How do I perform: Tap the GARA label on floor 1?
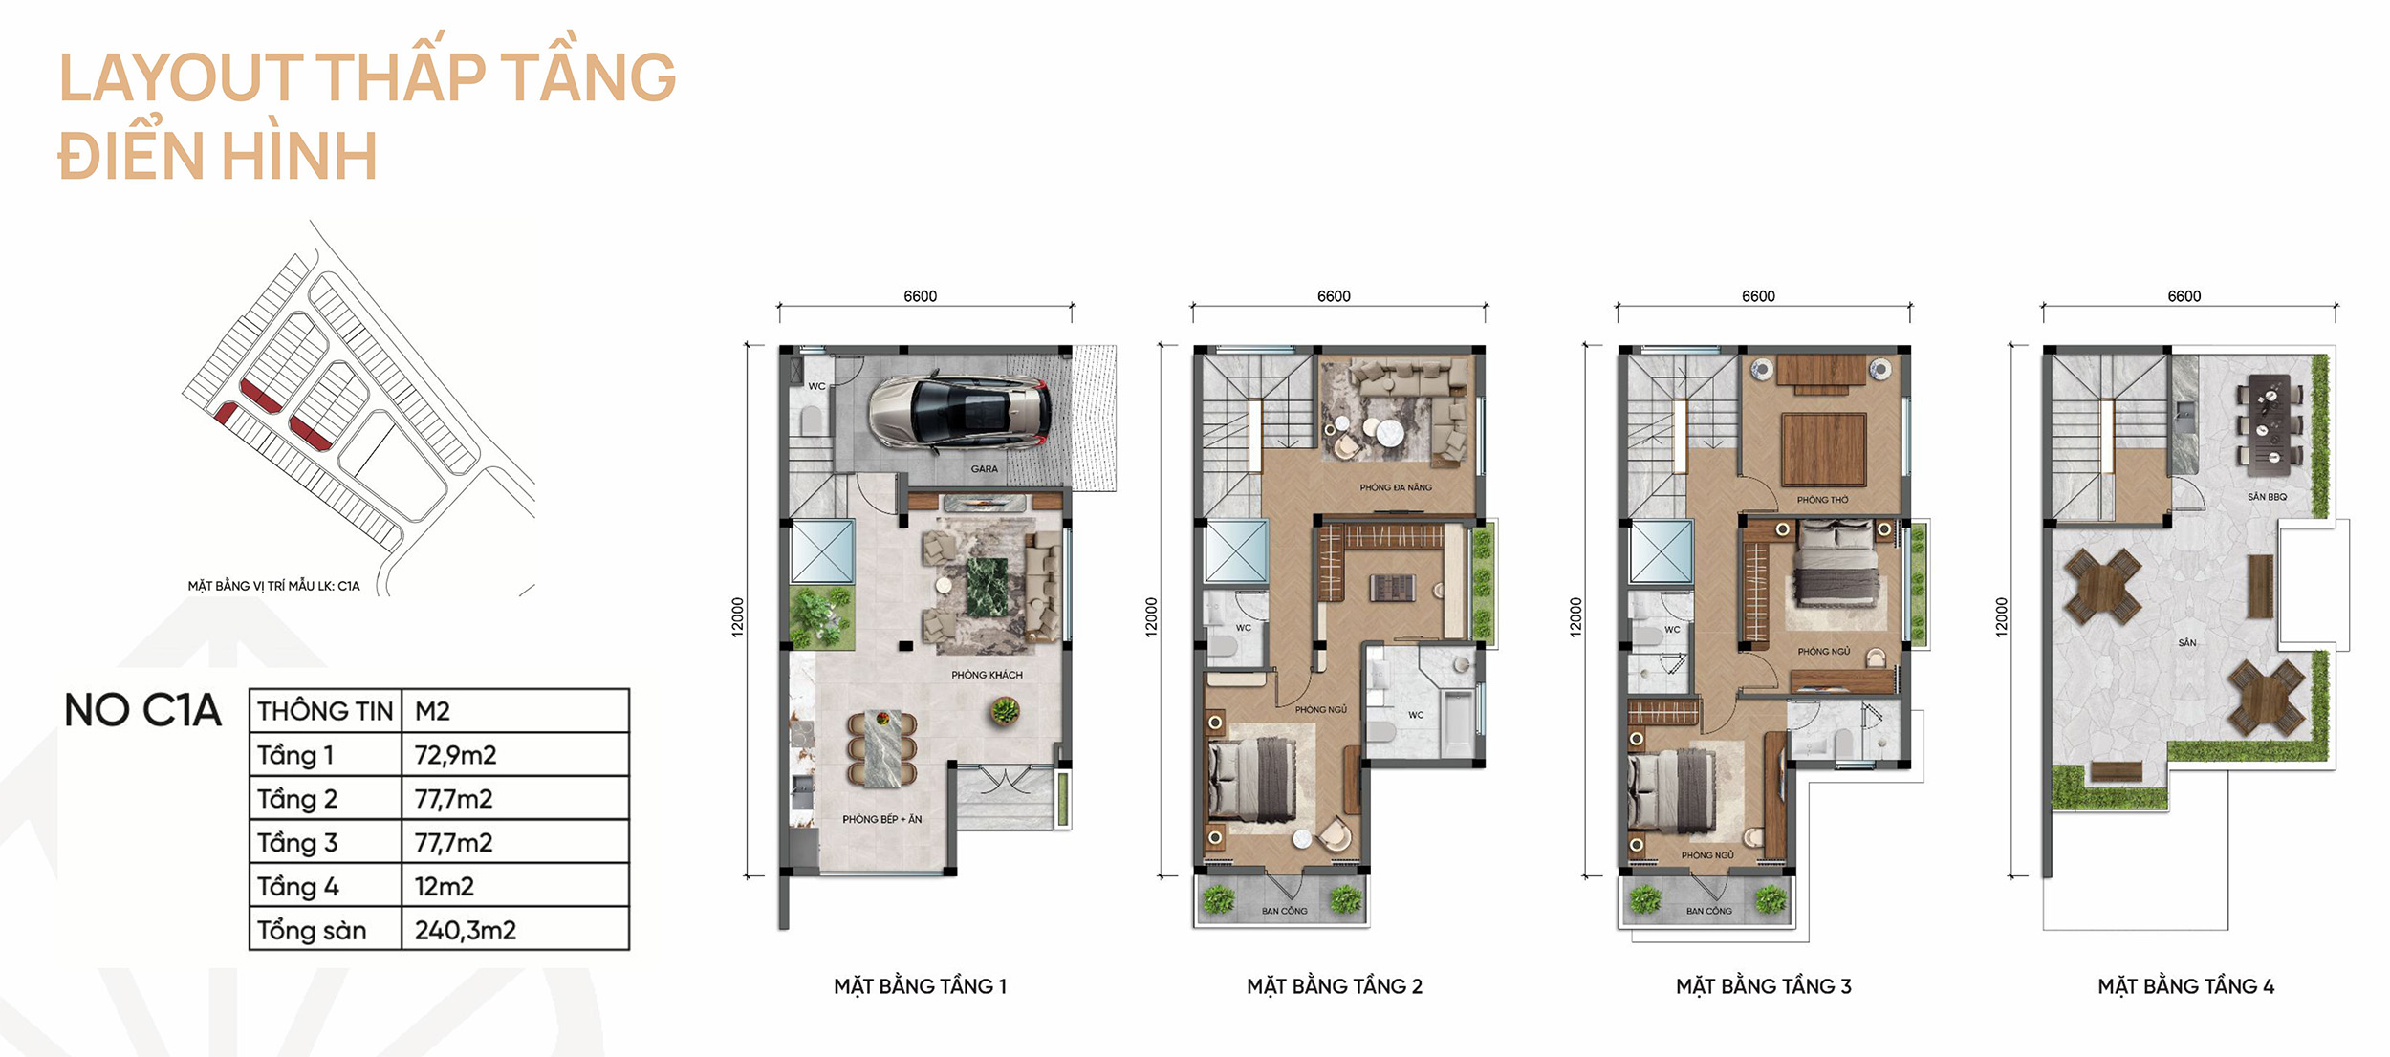tap(984, 469)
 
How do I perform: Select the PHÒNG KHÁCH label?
tap(987, 675)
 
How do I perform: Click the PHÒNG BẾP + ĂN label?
tap(881, 819)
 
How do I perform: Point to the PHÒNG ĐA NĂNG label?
tap(1396, 487)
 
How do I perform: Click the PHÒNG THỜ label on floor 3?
tap(1822, 500)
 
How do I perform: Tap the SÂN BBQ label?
tap(2267, 497)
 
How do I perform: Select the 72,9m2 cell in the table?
tap(455, 755)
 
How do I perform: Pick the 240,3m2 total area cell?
tap(465, 930)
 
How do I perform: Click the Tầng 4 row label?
tap(297, 887)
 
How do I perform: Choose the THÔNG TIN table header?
tap(325, 711)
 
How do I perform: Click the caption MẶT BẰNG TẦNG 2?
tap(1335, 986)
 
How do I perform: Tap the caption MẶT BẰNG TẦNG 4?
tap(2185, 986)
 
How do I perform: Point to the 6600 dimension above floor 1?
tap(920, 296)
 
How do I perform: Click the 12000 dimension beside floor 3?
tap(1575, 616)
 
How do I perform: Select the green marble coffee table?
tap(987, 587)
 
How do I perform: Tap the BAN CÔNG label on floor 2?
tap(1284, 911)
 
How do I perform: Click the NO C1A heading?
tap(142, 711)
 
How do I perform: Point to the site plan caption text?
tap(273, 586)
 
